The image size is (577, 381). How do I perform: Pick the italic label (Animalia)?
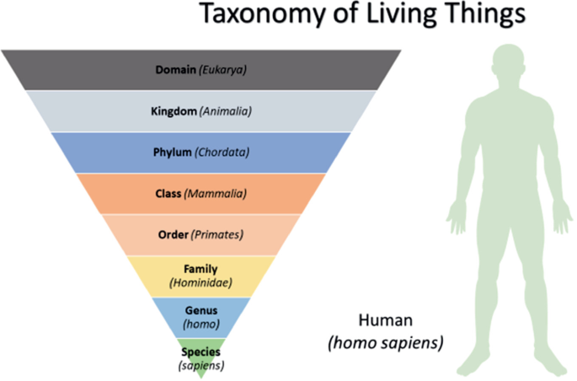[226, 110]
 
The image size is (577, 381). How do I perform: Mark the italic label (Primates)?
[217, 234]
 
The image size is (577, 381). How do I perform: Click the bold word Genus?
[200, 310]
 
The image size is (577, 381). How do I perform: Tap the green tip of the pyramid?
[200, 373]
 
